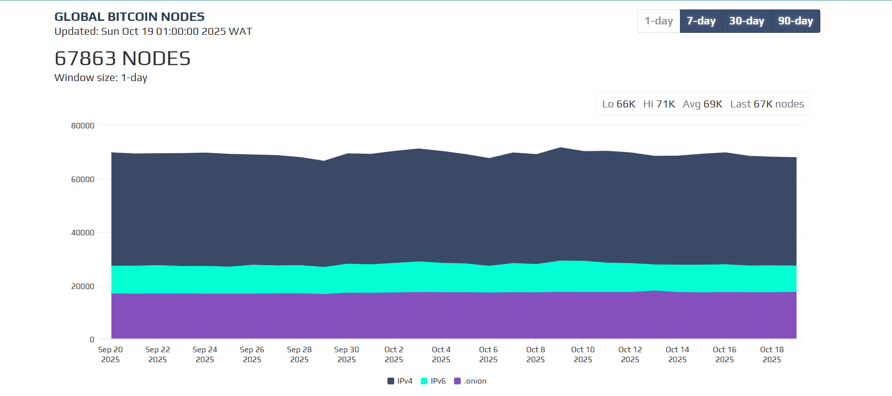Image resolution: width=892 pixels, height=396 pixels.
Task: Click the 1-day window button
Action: tap(659, 21)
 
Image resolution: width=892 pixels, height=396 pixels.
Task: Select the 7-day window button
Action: tap(701, 21)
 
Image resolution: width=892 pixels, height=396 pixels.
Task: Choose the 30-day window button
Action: tap(746, 21)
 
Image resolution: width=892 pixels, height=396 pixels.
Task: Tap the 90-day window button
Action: tap(795, 21)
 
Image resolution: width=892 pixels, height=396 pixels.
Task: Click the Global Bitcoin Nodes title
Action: tap(129, 17)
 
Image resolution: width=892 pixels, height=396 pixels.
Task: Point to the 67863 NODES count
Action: tap(122, 59)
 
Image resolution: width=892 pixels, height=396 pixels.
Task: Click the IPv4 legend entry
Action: tap(400, 381)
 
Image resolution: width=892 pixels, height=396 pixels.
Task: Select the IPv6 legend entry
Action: tap(434, 381)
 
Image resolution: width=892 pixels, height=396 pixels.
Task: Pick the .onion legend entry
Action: tap(470, 381)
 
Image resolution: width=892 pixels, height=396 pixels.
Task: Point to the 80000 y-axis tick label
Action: tap(83, 126)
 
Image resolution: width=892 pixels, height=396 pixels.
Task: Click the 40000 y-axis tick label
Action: tap(83, 233)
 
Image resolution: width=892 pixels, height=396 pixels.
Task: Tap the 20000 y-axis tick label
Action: tap(83, 287)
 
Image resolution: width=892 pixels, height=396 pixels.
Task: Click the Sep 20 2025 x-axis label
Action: tap(111, 355)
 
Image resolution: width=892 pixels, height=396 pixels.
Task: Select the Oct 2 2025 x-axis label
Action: tap(394, 355)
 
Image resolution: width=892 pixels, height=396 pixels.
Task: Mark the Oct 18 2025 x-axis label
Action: tap(772, 355)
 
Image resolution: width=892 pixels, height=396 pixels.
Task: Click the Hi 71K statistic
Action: tap(659, 104)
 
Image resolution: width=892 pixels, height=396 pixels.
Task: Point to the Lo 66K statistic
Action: tap(619, 104)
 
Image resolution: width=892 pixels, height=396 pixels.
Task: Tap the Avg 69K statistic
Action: tap(702, 104)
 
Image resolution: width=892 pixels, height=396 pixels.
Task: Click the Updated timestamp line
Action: tap(153, 31)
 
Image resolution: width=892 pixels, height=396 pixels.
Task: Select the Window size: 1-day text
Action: tap(101, 78)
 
